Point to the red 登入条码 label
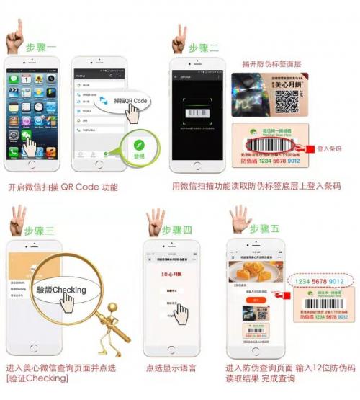[x=332, y=149]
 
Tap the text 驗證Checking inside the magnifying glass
[x=60, y=290]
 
